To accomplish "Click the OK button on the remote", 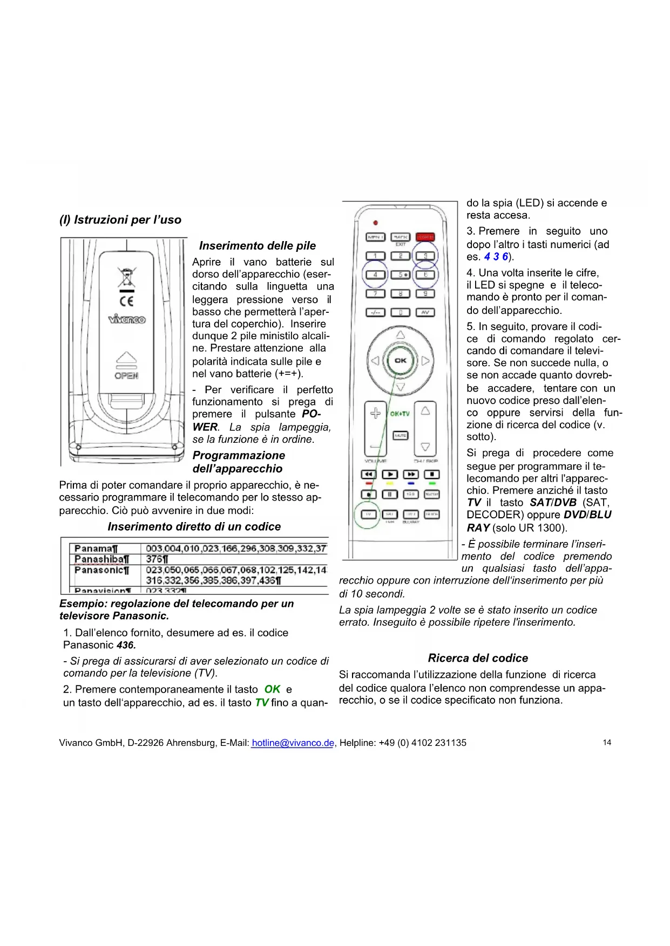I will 401,360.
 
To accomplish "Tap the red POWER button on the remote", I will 425,237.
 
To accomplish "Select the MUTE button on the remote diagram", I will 400,435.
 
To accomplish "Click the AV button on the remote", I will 425,312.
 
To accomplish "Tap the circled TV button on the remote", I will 368,515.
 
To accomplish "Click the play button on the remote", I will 390,474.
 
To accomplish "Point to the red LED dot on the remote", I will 376,223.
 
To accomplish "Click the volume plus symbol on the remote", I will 375,414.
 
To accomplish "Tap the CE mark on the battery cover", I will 127,301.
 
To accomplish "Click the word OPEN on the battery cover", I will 126,375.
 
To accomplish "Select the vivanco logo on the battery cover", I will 127,319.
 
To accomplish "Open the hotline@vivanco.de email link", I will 293,743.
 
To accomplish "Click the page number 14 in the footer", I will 607,743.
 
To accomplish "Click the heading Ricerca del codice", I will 478,658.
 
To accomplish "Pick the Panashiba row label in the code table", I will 102,559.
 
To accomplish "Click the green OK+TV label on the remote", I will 400,414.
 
